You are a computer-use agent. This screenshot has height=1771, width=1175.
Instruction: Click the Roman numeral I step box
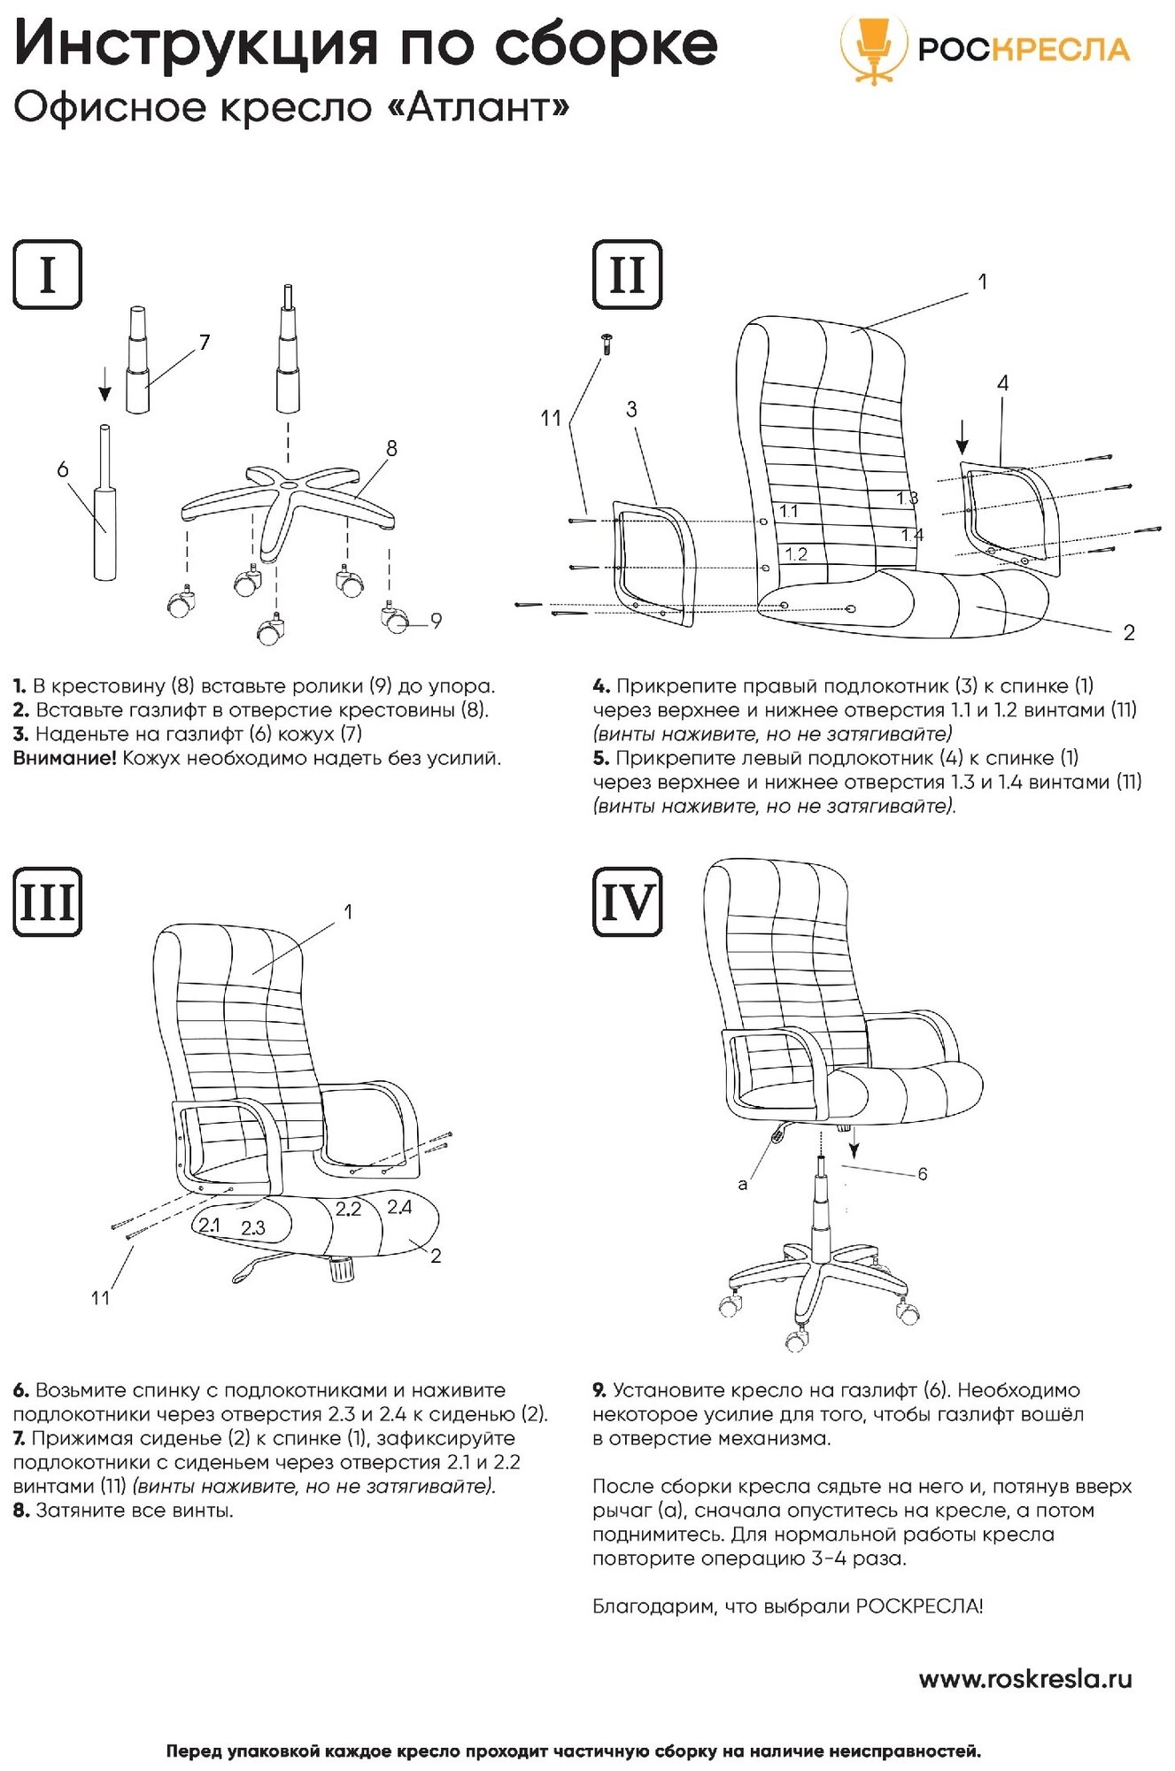[48, 275]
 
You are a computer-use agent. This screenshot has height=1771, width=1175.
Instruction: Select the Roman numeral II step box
[627, 275]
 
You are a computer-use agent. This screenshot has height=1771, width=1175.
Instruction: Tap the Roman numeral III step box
[48, 902]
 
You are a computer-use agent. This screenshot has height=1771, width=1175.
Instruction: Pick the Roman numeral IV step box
[627, 902]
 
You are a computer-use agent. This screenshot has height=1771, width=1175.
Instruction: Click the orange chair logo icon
[873, 50]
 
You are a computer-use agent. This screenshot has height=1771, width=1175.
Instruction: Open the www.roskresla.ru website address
[1025, 1679]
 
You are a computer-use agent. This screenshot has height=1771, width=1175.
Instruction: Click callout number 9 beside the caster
[436, 621]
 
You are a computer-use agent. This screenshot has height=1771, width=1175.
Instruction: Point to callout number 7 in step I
[205, 342]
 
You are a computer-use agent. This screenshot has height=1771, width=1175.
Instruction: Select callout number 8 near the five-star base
[391, 448]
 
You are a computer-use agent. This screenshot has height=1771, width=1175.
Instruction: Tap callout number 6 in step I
[62, 469]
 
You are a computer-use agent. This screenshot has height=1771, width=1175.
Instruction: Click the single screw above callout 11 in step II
[607, 344]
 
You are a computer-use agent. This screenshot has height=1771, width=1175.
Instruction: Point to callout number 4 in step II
[1002, 383]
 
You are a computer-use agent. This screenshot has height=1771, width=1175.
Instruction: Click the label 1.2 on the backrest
[796, 554]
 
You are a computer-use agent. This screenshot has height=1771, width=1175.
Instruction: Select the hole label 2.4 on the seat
[399, 1207]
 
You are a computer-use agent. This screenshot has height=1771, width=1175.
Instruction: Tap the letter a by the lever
[742, 1184]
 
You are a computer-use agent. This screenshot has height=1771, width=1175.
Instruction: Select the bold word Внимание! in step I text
[65, 758]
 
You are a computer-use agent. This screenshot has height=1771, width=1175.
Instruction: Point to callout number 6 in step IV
[922, 1174]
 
